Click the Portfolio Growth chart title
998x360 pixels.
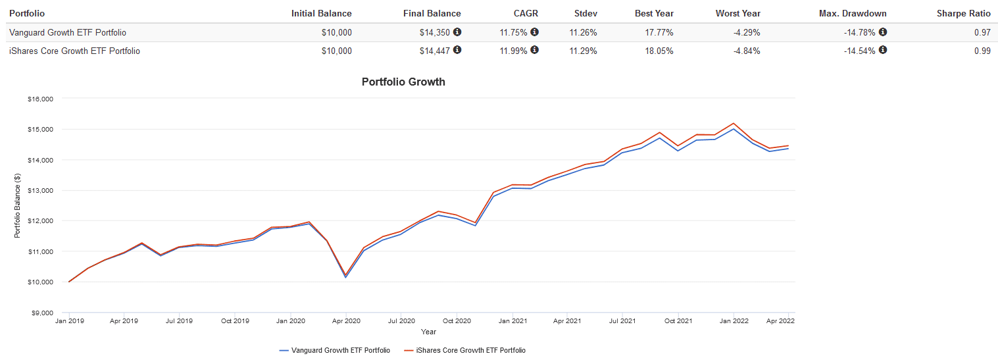403,82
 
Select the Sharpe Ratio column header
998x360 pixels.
964,13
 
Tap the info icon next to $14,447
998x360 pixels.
457,50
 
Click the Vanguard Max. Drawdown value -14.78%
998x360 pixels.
860,32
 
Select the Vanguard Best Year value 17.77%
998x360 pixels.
659,32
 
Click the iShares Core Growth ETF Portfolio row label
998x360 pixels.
74,51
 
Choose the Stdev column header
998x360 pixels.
586,13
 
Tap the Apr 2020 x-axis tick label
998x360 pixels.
346,321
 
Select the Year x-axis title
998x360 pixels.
428,332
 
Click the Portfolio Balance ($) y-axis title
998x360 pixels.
17,205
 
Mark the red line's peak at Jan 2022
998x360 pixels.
734,123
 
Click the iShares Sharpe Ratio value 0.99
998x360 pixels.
982,51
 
